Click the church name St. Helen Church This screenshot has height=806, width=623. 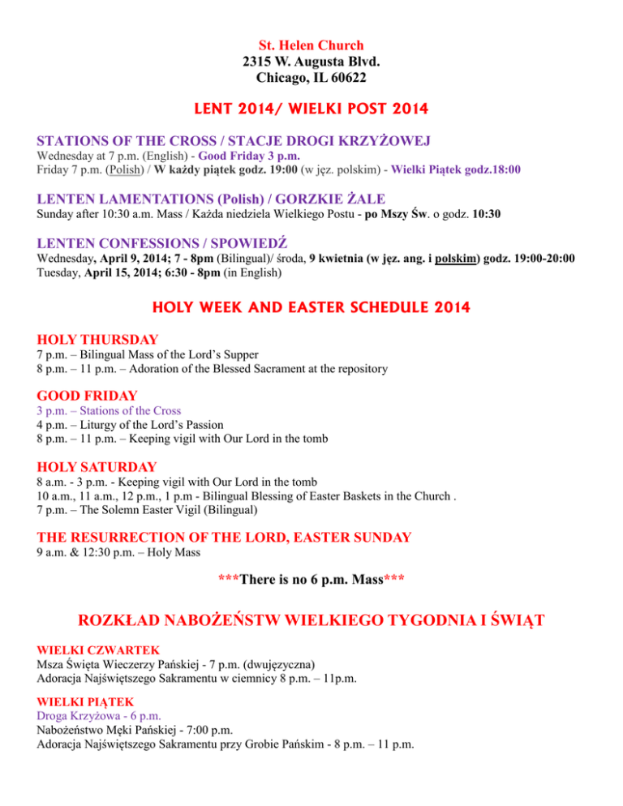coord(311,45)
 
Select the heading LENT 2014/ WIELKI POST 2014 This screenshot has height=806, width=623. coord(311,108)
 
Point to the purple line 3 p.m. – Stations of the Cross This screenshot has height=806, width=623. coord(110,410)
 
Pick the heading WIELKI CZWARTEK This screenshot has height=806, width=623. coord(92,651)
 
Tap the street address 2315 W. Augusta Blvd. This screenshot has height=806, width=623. coord(311,62)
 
